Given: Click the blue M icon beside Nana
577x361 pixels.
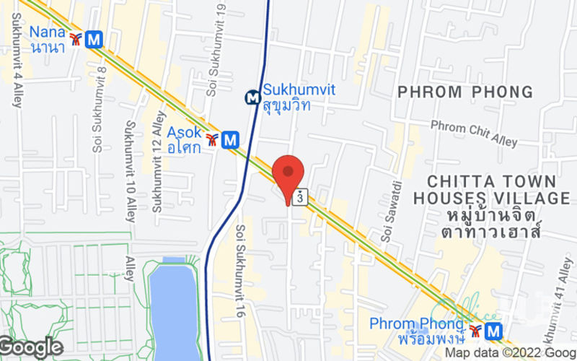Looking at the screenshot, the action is (x=93, y=39).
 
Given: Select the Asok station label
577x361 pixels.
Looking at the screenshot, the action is (x=184, y=139).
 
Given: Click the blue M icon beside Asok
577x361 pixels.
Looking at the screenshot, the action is (x=230, y=138).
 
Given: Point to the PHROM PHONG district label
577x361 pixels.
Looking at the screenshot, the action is (x=466, y=92).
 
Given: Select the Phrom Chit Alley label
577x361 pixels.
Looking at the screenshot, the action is (x=474, y=134).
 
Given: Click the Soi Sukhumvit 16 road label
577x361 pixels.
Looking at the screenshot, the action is (x=241, y=266).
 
